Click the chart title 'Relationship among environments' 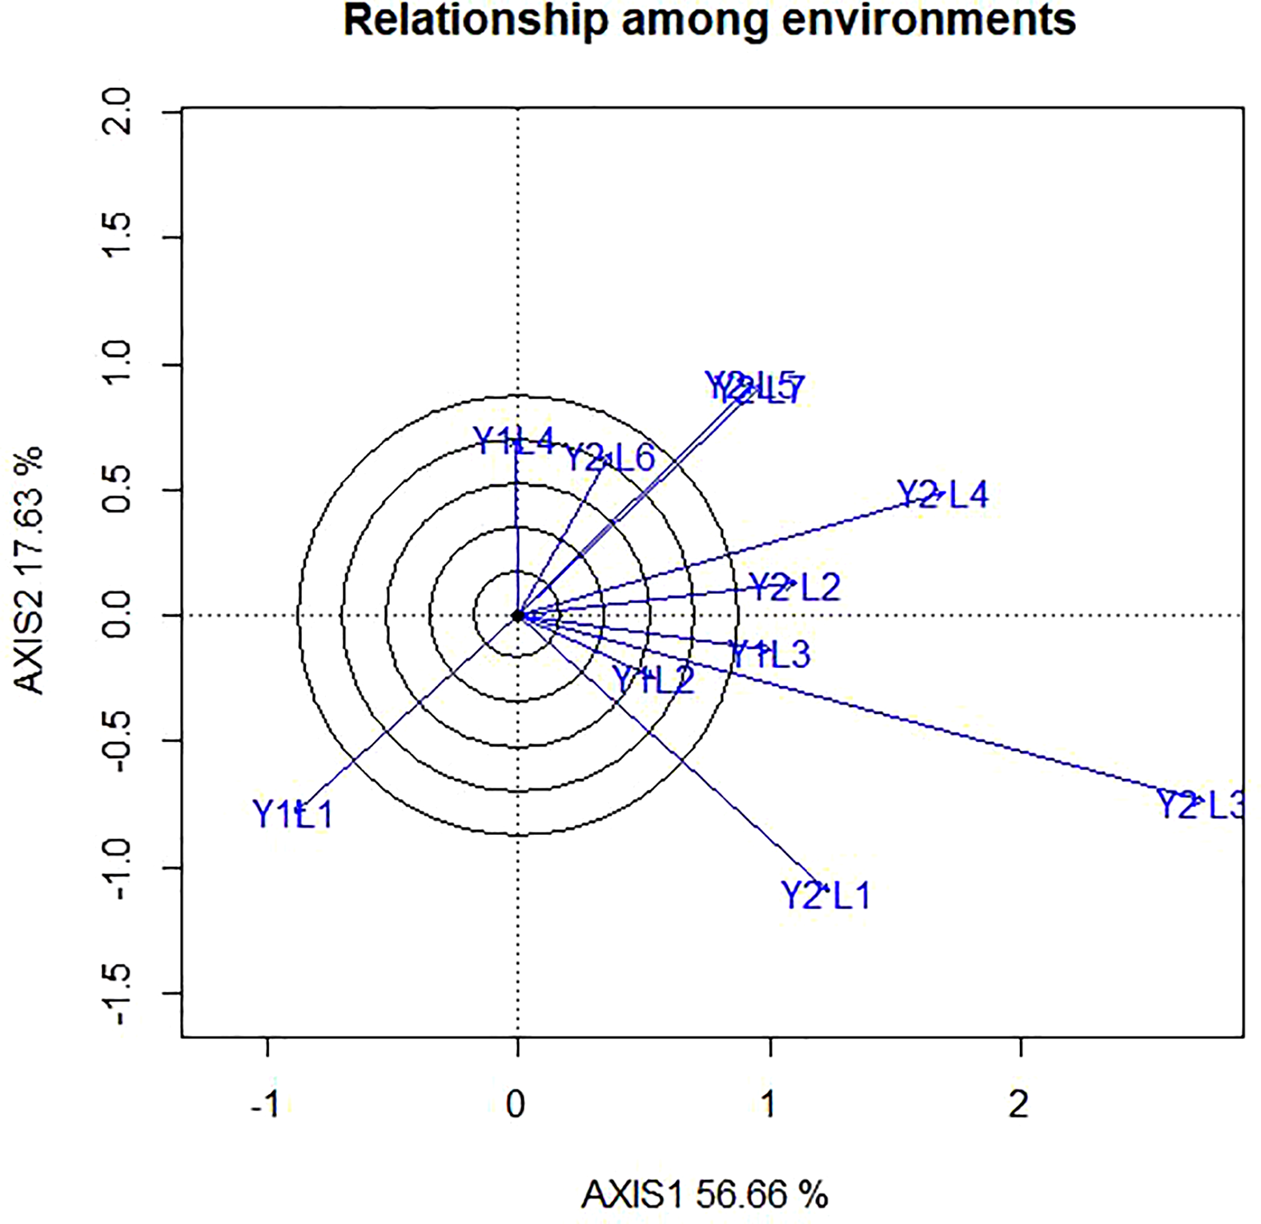709,22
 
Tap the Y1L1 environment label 292,815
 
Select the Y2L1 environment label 825,895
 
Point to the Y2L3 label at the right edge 1201,805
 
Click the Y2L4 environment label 942,495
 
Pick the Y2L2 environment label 794,588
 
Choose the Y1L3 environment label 770,655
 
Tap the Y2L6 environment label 610,459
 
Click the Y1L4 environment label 513,440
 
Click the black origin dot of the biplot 518,616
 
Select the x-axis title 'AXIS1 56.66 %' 705,1195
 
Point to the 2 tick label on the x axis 1018,1105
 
